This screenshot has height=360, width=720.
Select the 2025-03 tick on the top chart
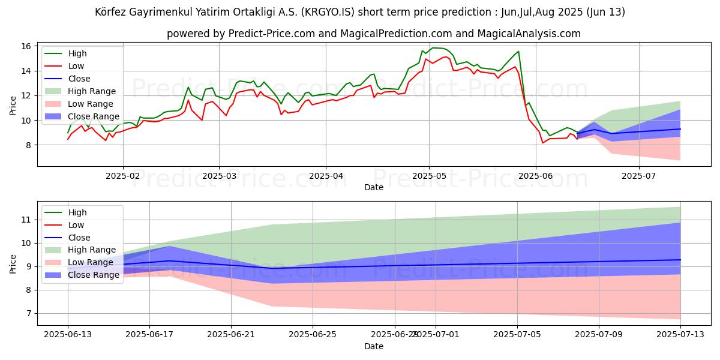coord(219,176)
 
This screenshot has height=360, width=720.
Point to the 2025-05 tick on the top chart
coord(428,176)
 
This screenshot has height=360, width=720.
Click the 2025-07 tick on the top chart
coord(638,176)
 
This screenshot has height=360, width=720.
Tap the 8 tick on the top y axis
coord(28,145)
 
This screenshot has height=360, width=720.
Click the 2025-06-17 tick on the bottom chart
coord(149,335)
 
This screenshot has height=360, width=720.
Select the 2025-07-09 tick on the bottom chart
coord(599,335)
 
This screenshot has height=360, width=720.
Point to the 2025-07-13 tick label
coord(680,335)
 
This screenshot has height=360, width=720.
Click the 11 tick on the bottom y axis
coord(25,220)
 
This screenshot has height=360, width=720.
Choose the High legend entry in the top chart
coord(77,53)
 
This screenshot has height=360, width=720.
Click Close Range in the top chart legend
coord(94,116)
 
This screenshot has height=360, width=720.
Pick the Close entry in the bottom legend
coord(79,237)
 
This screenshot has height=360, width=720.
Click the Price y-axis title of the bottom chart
coord(13,263)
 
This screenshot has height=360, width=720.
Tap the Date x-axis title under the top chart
coord(373,187)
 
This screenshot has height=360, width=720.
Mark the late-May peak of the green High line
coord(518,52)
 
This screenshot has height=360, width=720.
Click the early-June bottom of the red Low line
coord(543,143)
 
